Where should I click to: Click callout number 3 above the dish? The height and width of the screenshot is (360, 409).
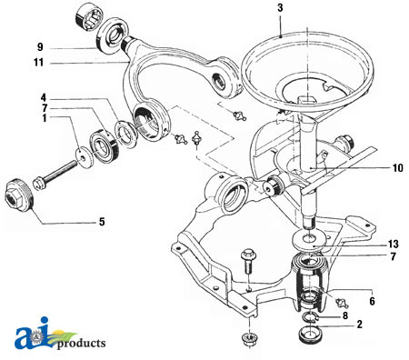[x=282, y=9]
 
